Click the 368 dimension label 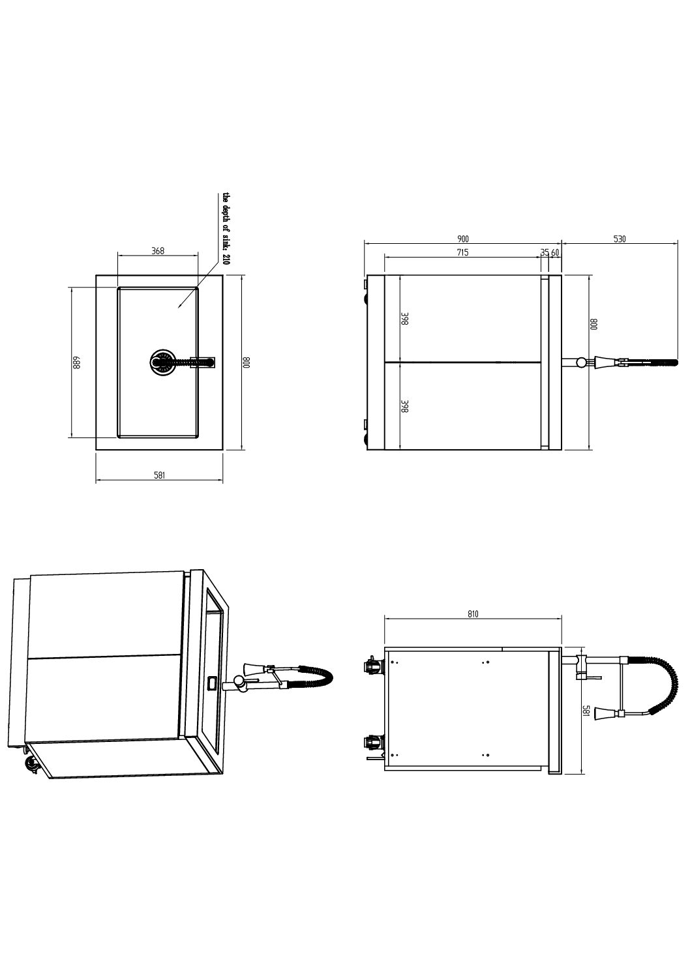click(x=157, y=251)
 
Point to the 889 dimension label click(x=76, y=362)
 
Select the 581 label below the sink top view click(x=158, y=475)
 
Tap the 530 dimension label click(x=620, y=239)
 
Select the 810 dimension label click(x=473, y=614)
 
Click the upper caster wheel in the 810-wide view click(x=373, y=666)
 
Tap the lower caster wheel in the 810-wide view click(x=373, y=742)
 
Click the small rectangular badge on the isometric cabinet click(x=212, y=683)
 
